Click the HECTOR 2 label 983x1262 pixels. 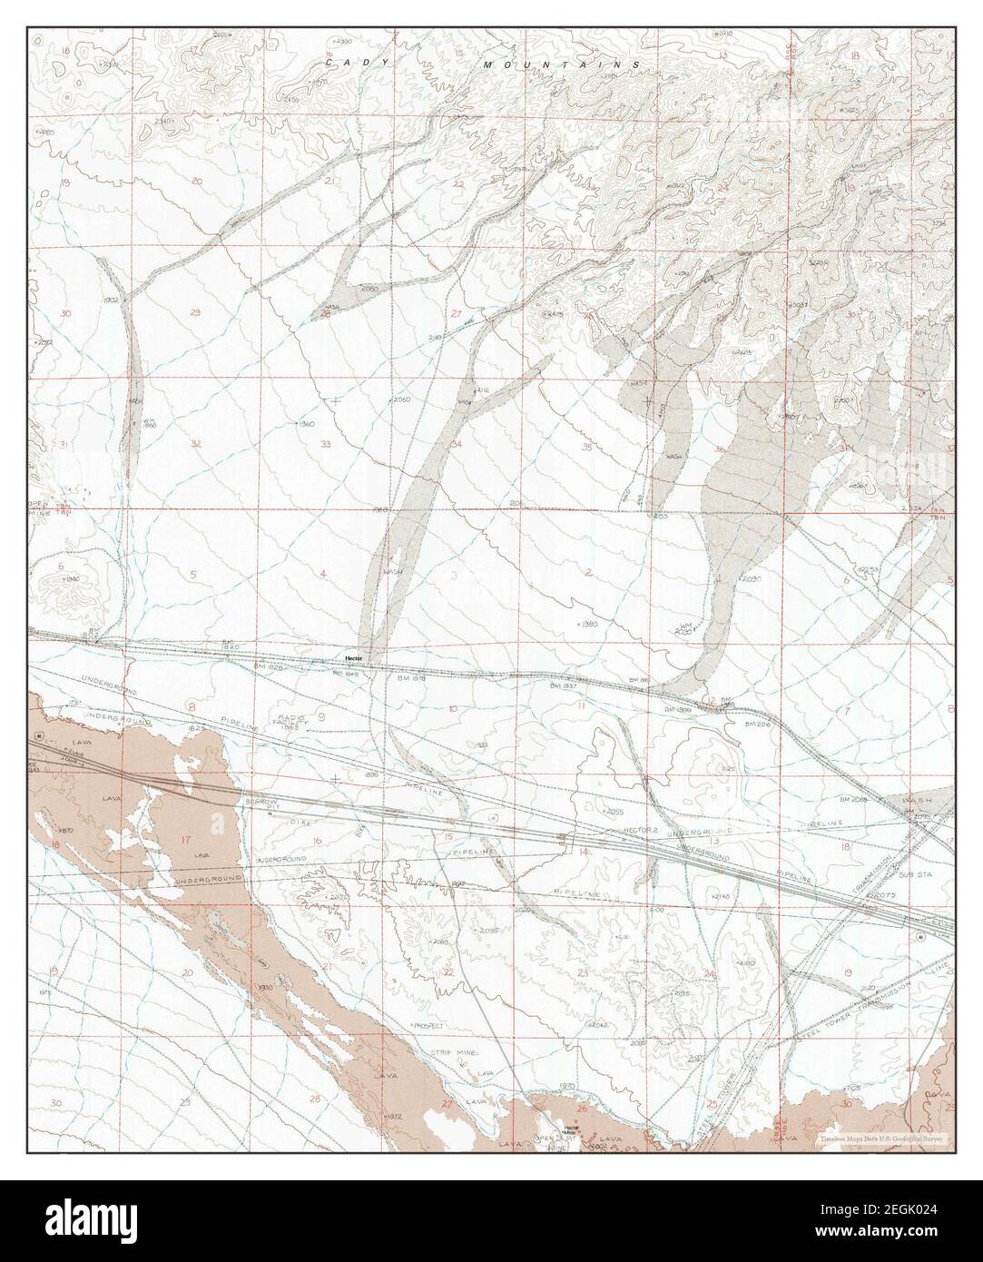pyautogui.click(x=639, y=832)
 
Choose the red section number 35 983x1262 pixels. pyautogui.click(x=587, y=447)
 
